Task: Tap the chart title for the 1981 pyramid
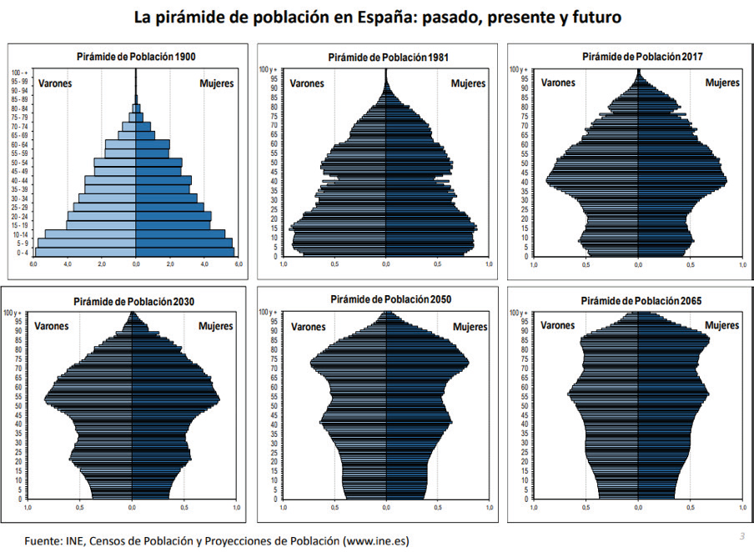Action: coord(386,57)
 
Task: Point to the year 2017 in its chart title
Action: coord(691,57)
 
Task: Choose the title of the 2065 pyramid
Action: coord(638,299)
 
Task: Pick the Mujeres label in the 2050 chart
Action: coord(470,327)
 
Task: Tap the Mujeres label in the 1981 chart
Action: coord(468,83)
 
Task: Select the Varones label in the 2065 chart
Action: coord(558,325)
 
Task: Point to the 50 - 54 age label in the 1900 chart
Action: coord(20,163)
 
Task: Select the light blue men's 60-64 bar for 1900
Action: coord(120,144)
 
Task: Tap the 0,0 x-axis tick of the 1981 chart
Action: coord(386,264)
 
